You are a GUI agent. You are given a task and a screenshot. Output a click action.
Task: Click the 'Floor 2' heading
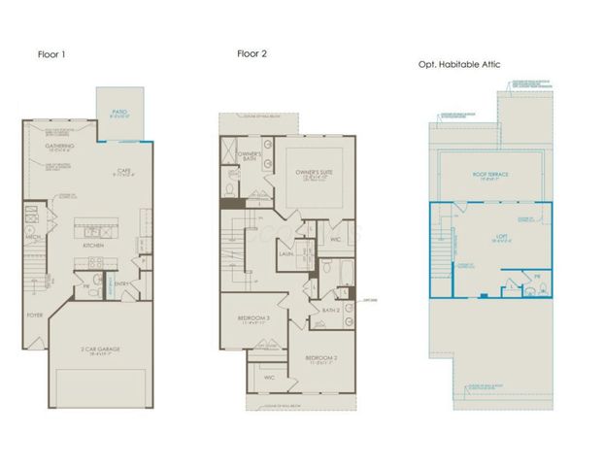click(x=251, y=54)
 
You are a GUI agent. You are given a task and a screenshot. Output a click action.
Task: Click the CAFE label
click(x=124, y=171)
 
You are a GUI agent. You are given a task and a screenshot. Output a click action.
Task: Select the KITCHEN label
click(x=93, y=246)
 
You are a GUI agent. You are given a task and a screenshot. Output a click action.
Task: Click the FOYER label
click(x=35, y=316)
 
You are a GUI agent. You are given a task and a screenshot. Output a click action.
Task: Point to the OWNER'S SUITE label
click(x=314, y=172)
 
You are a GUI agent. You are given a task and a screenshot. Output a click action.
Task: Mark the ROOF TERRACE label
click(x=491, y=175)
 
